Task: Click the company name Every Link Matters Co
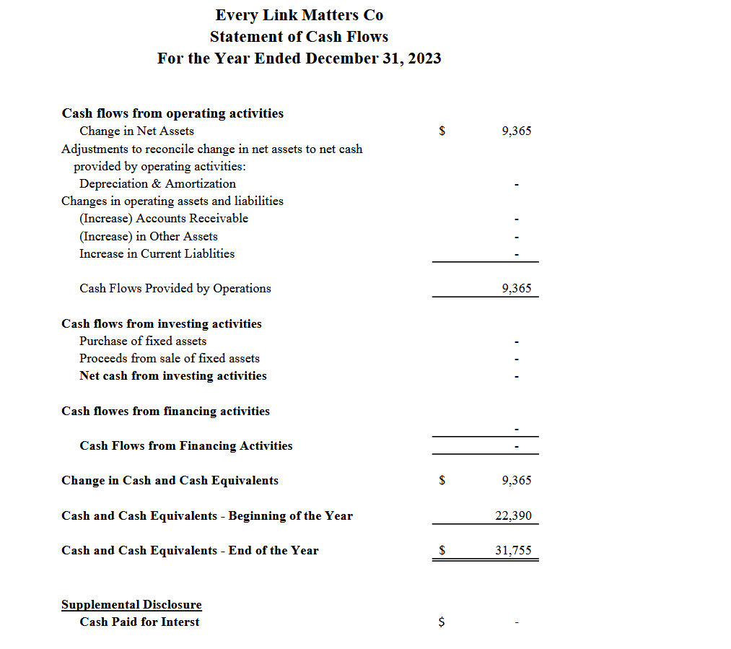(299, 15)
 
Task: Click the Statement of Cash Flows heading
(299, 37)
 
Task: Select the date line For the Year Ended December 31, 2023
(299, 58)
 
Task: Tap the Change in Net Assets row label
(136, 131)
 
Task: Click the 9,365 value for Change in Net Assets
(516, 131)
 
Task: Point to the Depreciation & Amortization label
(157, 183)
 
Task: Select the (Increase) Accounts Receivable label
(163, 218)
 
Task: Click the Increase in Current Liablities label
(157, 253)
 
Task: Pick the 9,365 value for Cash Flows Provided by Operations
(516, 288)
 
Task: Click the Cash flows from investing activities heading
(162, 323)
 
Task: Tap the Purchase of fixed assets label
(143, 341)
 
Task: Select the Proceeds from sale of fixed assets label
(170, 358)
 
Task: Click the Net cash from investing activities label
(173, 375)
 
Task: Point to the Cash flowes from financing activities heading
(165, 411)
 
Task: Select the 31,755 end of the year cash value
(513, 550)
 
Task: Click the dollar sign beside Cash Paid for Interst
(442, 622)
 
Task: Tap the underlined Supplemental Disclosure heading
(131, 604)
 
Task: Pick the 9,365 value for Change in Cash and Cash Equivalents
(516, 480)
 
